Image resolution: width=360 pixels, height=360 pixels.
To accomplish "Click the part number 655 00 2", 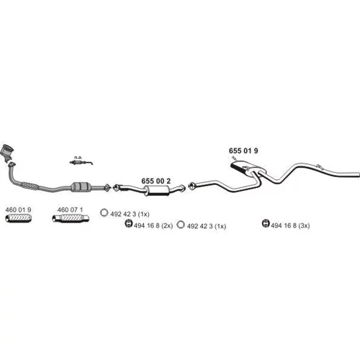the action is click(x=156, y=181).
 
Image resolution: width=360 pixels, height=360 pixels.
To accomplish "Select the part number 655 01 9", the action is click(x=243, y=150).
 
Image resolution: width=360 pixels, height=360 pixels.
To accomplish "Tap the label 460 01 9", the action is click(x=18, y=210).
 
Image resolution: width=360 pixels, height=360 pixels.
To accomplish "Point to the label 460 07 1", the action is click(x=70, y=210).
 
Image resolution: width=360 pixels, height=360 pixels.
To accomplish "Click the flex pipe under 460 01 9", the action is click(x=19, y=218).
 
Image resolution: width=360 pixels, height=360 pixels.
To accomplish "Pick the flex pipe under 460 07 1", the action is click(x=71, y=218).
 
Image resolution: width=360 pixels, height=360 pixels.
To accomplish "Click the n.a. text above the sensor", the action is click(x=78, y=158).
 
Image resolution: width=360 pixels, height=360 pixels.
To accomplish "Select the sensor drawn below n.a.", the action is click(x=81, y=163).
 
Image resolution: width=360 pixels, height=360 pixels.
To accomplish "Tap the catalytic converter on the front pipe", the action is click(x=81, y=187).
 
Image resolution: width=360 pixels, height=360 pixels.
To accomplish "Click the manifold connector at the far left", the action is click(x=7, y=152).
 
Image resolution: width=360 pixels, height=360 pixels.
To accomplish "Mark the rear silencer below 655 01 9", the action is click(x=248, y=168).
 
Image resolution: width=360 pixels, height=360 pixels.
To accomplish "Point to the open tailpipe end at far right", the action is click(x=359, y=175).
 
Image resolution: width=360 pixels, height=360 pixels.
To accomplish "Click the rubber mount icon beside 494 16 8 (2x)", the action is click(x=129, y=224).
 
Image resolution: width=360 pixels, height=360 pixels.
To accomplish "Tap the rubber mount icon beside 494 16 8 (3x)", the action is click(x=266, y=223).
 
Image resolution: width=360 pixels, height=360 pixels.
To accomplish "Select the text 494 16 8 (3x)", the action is click(x=290, y=225).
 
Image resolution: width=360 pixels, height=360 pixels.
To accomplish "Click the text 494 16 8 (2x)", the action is click(x=153, y=225).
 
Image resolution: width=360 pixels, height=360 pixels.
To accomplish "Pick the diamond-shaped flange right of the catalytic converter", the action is click(x=107, y=187).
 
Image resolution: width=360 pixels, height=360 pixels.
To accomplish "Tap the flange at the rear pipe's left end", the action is click(x=192, y=186).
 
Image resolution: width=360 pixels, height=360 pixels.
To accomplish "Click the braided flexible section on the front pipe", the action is click(x=30, y=186).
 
